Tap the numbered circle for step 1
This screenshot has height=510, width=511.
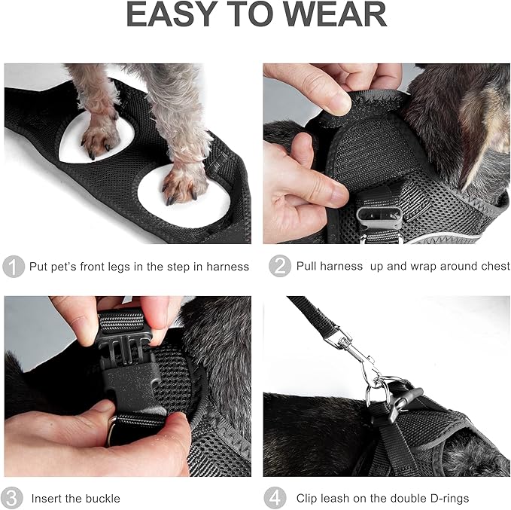point(13,267)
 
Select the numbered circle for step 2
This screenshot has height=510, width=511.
point(279,267)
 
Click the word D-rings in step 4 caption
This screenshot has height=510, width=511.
point(447,499)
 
